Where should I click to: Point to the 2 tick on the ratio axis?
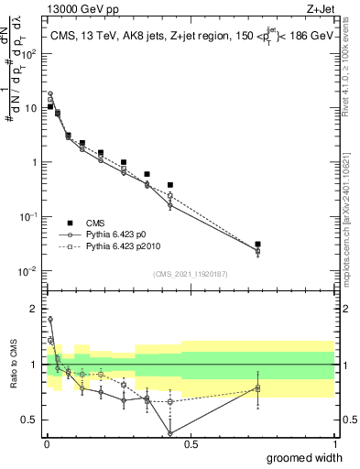(34, 309)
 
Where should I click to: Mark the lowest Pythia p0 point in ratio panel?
(170, 433)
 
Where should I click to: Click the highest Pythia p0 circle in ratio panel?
(49, 320)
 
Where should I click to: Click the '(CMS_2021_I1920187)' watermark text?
(190, 273)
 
